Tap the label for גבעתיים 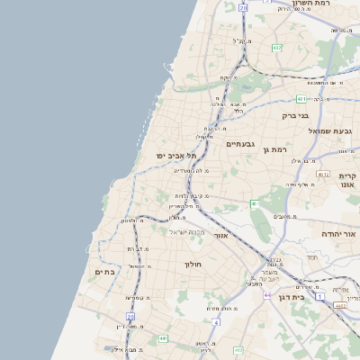tap(241, 144)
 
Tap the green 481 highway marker tap(301, 99)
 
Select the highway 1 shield tap(319, 295)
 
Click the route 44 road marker tap(266, 294)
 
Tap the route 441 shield tap(163, 338)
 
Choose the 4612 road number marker tap(323, 174)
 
